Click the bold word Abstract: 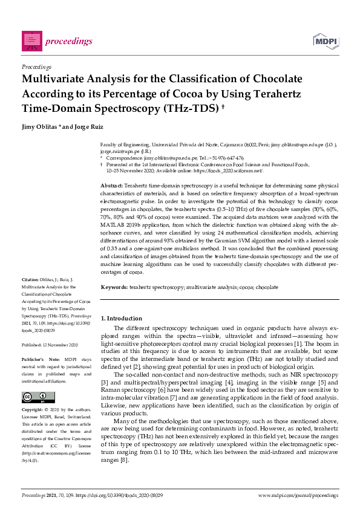click(112, 184)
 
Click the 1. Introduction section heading click(121, 318)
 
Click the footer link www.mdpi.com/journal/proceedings click(297, 495)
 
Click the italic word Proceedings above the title click(36, 66)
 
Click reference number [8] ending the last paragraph click(124, 460)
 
